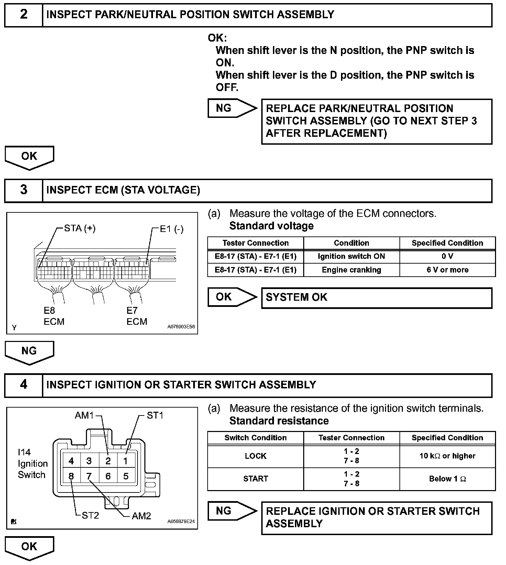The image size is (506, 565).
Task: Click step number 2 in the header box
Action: (23, 15)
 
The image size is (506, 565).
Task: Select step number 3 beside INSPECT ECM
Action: (23, 190)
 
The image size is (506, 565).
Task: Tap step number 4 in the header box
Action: (23, 385)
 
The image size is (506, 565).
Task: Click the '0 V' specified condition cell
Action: (447, 256)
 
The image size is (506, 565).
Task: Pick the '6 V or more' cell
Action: (447, 270)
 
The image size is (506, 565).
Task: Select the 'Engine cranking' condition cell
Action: (351, 270)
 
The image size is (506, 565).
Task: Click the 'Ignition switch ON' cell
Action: (351, 256)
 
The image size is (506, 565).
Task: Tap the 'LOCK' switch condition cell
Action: (255, 456)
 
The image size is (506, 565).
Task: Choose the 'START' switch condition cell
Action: (255, 479)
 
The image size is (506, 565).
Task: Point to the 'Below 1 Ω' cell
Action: (447, 479)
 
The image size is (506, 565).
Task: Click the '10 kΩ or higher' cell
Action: (447, 456)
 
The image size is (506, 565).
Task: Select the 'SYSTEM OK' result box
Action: (376, 298)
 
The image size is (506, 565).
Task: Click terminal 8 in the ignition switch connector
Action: (71, 476)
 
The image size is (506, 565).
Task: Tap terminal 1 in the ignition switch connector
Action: (125, 461)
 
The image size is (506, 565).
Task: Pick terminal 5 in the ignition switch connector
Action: (125, 476)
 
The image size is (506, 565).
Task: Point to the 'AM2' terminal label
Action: (141, 516)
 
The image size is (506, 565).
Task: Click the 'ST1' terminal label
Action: (155, 416)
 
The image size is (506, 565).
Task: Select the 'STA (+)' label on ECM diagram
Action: (80, 229)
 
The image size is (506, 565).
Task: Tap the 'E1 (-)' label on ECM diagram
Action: (172, 229)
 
